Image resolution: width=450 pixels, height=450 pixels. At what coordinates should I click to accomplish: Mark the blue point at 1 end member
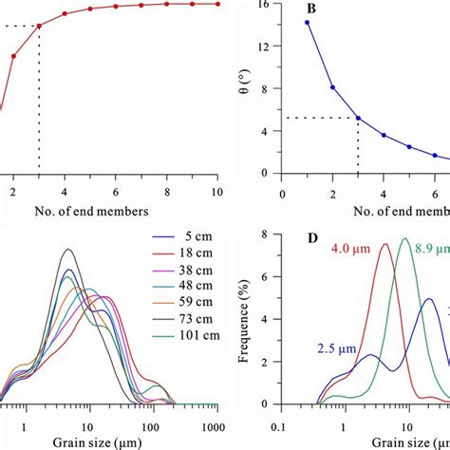[307, 22]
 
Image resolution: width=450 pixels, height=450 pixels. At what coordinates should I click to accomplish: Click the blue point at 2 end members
[332, 87]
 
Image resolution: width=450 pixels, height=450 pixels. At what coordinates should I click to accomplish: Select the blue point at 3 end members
[358, 118]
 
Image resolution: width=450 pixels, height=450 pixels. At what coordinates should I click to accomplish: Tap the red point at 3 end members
[39, 25]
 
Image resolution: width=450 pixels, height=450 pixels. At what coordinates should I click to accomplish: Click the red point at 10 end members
[217, 4]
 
